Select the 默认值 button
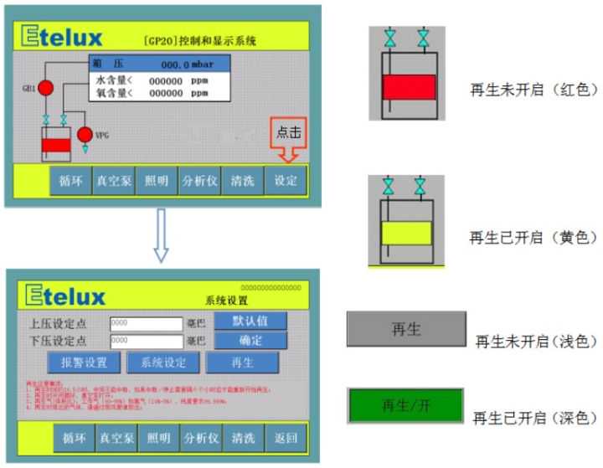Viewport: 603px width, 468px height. (250, 321)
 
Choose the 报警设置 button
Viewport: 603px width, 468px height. (84, 362)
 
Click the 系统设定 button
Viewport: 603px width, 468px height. (163, 362)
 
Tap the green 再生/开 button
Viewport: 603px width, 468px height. (405, 406)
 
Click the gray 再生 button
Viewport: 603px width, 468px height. (405, 329)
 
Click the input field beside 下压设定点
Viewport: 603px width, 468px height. (146, 342)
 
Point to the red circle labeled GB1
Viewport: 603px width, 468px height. (47, 87)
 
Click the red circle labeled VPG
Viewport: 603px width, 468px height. (84, 134)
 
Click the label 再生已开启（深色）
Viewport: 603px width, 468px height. (534, 417)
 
